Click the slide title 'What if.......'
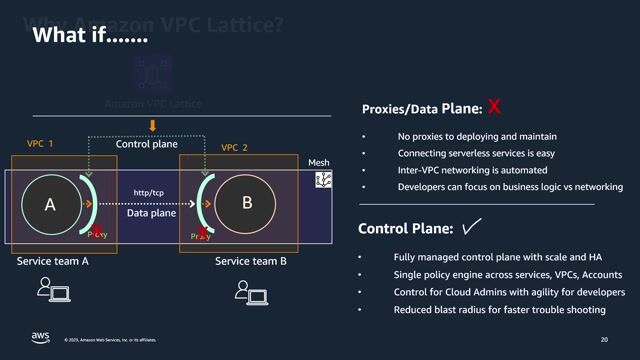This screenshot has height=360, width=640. point(91,36)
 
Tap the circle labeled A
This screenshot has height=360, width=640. point(51,204)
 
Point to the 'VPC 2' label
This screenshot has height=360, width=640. point(234,147)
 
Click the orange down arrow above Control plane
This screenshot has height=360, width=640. point(152,126)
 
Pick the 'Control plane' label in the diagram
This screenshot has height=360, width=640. point(146,144)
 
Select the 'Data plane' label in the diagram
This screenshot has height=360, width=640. point(151,213)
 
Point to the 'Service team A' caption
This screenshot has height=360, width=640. point(53,262)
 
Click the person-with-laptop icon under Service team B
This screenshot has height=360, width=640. point(250,291)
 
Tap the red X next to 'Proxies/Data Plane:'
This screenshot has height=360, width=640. point(493,107)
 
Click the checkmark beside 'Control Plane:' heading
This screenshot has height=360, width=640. point(472,228)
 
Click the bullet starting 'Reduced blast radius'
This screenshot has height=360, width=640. point(499,310)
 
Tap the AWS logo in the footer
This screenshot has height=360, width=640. point(40,338)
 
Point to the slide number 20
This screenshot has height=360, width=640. point(604,340)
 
